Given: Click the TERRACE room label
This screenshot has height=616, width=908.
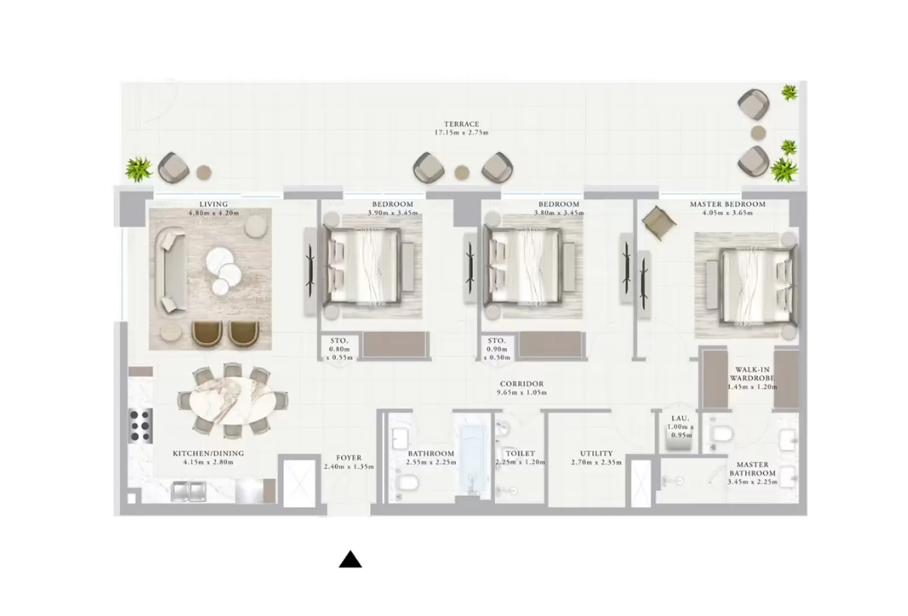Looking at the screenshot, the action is click(x=461, y=124).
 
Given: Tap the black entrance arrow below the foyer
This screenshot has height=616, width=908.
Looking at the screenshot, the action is click(x=350, y=559).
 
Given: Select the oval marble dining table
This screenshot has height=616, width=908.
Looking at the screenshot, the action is click(x=232, y=400).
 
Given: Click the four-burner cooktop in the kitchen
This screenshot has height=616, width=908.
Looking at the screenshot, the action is click(x=141, y=425).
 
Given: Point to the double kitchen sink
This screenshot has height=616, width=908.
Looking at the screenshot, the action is click(x=188, y=491).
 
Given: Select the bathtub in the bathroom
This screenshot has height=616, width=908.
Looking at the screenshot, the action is click(x=473, y=460).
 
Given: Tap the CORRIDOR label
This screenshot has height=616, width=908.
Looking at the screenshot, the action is click(x=522, y=383).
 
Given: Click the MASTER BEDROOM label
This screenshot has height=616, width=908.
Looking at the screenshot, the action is click(x=728, y=204).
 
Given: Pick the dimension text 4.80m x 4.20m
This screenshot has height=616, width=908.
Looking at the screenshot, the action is click(x=213, y=212).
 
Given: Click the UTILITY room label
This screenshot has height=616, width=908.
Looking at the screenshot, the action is click(x=596, y=453).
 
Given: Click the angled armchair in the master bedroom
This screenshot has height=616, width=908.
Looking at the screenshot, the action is click(x=659, y=222).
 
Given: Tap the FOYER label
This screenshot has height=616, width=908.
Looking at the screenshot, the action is click(x=348, y=458).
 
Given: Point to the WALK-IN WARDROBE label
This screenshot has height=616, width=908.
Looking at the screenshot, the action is click(x=753, y=374).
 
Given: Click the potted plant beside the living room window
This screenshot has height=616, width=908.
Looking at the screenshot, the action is click(x=138, y=169).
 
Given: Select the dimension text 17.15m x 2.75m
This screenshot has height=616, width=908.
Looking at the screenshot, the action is click(x=461, y=133).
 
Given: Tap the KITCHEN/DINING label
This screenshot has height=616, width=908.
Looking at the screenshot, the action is click(x=208, y=453).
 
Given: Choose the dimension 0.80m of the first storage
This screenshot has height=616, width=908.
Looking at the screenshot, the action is click(x=339, y=349).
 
